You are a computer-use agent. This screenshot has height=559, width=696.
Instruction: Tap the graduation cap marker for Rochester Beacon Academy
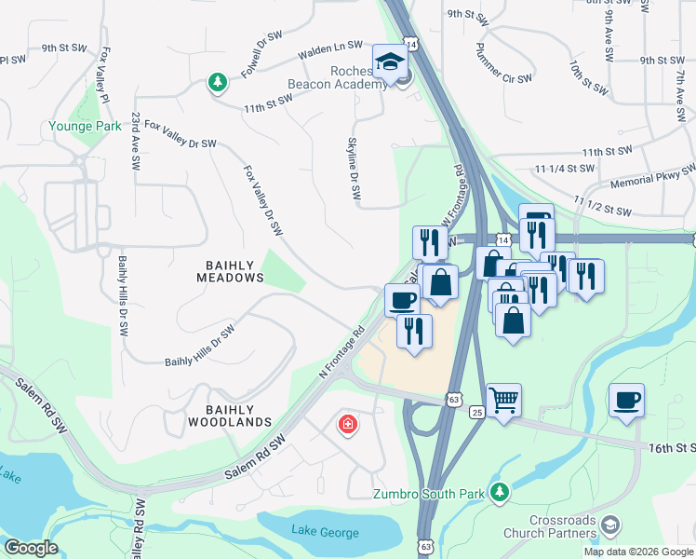pyautogui.click(x=390, y=62)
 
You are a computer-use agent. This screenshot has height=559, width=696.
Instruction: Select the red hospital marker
pyautogui.click(x=347, y=425)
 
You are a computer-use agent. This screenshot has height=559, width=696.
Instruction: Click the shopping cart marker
pyautogui.click(x=503, y=401)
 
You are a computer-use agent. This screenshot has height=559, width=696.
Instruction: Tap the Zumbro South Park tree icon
pyautogui.click(x=501, y=491)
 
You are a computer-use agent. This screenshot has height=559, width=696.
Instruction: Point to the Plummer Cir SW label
pyautogui.click(x=503, y=63)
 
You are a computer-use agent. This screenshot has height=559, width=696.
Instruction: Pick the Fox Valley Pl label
pyautogui.click(x=100, y=75)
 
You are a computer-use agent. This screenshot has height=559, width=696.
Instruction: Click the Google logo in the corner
pyautogui.click(x=32, y=548)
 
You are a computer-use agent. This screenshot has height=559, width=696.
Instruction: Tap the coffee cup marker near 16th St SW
pyautogui.click(x=626, y=401)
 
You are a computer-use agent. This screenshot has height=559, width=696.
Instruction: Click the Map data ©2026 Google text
pyautogui.click(x=637, y=552)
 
